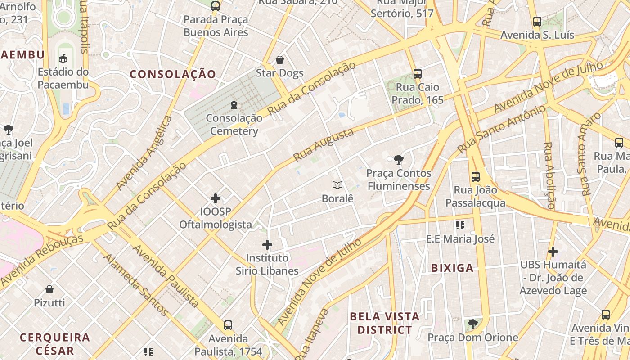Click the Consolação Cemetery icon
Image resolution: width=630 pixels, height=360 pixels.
pos(234,105)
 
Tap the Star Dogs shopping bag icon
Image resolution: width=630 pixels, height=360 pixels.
pos(280,60)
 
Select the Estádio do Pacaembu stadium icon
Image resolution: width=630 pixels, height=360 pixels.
pos(63,58)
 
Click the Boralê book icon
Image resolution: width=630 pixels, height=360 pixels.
pos(337,185)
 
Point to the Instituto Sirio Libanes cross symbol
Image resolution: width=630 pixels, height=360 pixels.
pos(267,245)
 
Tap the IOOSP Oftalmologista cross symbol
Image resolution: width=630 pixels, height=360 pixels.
pos(216,198)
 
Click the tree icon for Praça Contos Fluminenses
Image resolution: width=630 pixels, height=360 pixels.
pos(398,159)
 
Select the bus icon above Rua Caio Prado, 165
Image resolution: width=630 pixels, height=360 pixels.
pos(418,73)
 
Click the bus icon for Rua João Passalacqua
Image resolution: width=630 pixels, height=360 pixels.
pos(476,176)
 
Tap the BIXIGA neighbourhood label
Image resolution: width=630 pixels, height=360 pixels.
pos(452,268)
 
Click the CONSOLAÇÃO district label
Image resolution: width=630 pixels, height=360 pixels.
pos(173,74)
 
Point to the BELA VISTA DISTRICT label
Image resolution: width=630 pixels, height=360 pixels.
pos(384,323)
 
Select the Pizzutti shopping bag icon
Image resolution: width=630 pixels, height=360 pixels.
pos(49,289)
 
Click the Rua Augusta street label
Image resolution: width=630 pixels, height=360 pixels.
pos(323,145)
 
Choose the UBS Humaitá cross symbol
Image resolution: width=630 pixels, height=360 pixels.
pos(553,251)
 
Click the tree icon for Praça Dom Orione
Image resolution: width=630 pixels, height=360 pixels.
pos(472,324)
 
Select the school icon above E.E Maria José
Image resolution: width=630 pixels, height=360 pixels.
pos(460,225)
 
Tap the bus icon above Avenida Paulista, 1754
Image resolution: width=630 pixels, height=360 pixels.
pos(228,325)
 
